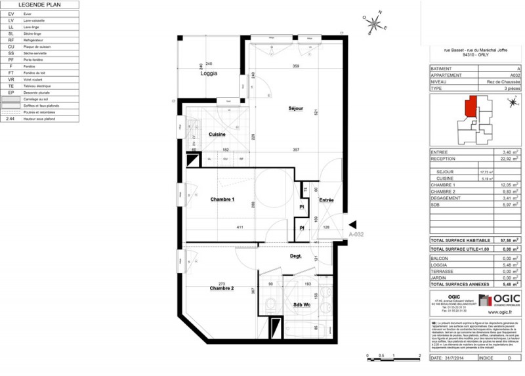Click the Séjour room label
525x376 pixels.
[295, 108]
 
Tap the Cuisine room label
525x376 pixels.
[217, 135]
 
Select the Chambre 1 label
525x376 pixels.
[222, 199]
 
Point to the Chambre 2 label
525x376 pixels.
[222, 288]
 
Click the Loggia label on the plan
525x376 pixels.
[209, 73]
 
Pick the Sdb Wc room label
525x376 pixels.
[301, 305]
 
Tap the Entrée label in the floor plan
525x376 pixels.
[326, 199]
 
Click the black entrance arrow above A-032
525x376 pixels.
[352, 224]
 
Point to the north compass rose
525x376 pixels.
[375, 24]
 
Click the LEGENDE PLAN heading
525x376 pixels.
[39, 5]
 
